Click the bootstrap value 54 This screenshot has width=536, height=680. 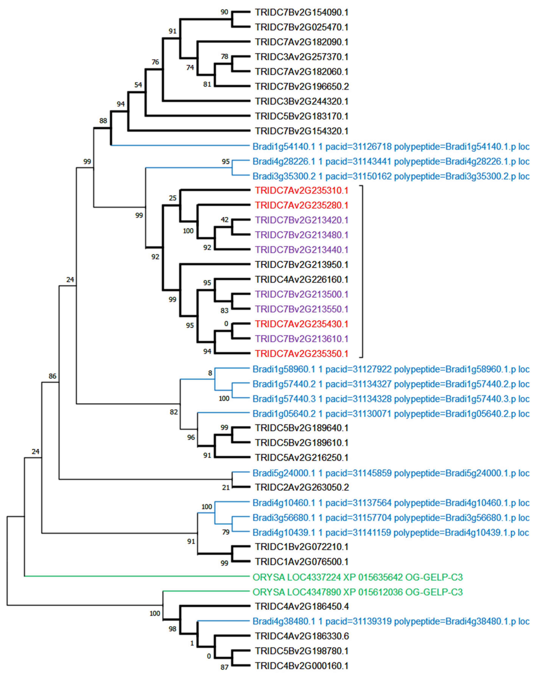point(138,85)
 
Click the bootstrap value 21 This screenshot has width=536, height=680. point(226,488)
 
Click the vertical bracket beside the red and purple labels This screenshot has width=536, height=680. point(362,272)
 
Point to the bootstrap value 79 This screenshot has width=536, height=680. point(226,532)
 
